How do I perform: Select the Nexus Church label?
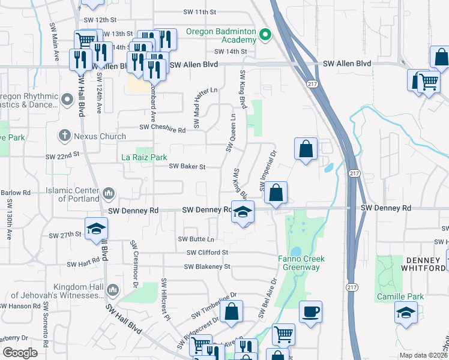pos(100,136)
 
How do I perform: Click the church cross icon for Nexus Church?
pos(65,136)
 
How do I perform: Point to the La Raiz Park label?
pos(144,157)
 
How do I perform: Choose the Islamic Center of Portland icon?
pos(109,193)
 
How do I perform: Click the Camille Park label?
pos(400,296)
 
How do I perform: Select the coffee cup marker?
pos(310,312)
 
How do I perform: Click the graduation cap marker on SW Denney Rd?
pos(243,212)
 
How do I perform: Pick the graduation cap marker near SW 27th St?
pos(95,229)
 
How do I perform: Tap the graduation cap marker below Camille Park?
pos(406,312)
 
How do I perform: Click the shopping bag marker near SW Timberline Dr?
pos(231,311)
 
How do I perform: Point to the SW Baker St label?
pos(187,167)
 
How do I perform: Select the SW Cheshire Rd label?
pos(163,127)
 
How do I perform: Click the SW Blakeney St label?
pos(207,266)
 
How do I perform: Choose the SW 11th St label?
pos(199,12)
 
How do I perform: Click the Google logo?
pos(20,353)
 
